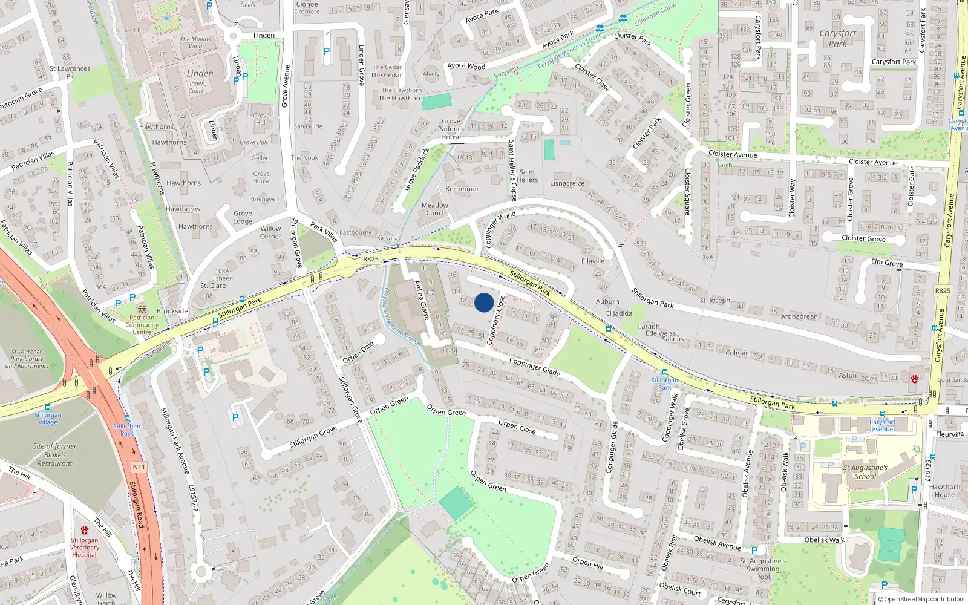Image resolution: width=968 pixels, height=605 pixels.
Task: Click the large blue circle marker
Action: click(x=484, y=302)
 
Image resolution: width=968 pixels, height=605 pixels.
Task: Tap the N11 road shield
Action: click(x=139, y=467)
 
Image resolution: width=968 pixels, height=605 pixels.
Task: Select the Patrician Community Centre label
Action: click(x=142, y=325)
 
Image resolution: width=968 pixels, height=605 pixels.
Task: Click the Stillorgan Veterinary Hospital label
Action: click(x=85, y=548)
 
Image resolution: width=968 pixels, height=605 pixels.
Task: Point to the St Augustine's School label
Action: click(x=865, y=472)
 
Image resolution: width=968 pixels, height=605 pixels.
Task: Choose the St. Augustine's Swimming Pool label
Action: click(x=763, y=569)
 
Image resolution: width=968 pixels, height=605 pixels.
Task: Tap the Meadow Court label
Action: click(x=435, y=209)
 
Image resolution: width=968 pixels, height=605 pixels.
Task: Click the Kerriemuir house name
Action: click(x=462, y=189)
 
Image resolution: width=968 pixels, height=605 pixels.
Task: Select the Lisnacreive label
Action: click(x=567, y=183)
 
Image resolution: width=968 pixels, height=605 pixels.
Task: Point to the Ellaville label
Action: click(x=593, y=261)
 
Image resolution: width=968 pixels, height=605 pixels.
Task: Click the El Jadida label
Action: click(x=619, y=313)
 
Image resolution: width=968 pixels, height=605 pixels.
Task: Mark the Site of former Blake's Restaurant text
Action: click(x=55, y=455)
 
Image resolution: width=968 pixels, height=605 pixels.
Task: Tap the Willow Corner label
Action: click(x=270, y=232)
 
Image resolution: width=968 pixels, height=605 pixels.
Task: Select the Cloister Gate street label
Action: click(x=912, y=186)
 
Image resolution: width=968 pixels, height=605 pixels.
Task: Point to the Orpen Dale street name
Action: click(x=358, y=352)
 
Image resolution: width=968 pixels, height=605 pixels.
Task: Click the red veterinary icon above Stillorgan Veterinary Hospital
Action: click(x=84, y=531)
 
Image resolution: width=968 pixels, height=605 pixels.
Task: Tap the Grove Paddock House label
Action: click(x=451, y=129)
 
